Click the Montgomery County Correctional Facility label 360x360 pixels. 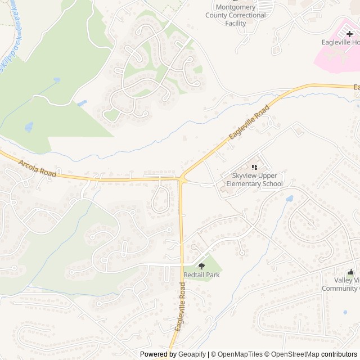point(235,15)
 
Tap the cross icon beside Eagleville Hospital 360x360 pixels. point(349,34)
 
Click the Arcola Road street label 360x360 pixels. point(38,169)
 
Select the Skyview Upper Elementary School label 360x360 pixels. point(253,180)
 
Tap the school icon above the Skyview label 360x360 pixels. point(254,166)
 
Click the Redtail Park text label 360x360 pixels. point(201,275)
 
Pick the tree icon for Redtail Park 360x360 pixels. point(201,266)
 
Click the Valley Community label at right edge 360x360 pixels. point(341,284)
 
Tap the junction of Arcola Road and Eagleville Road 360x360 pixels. point(181,179)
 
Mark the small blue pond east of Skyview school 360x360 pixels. point(289,199)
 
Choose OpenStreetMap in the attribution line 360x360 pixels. point(295,354)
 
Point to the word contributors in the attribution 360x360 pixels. point(339,354)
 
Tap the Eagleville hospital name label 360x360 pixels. point(341,42)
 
